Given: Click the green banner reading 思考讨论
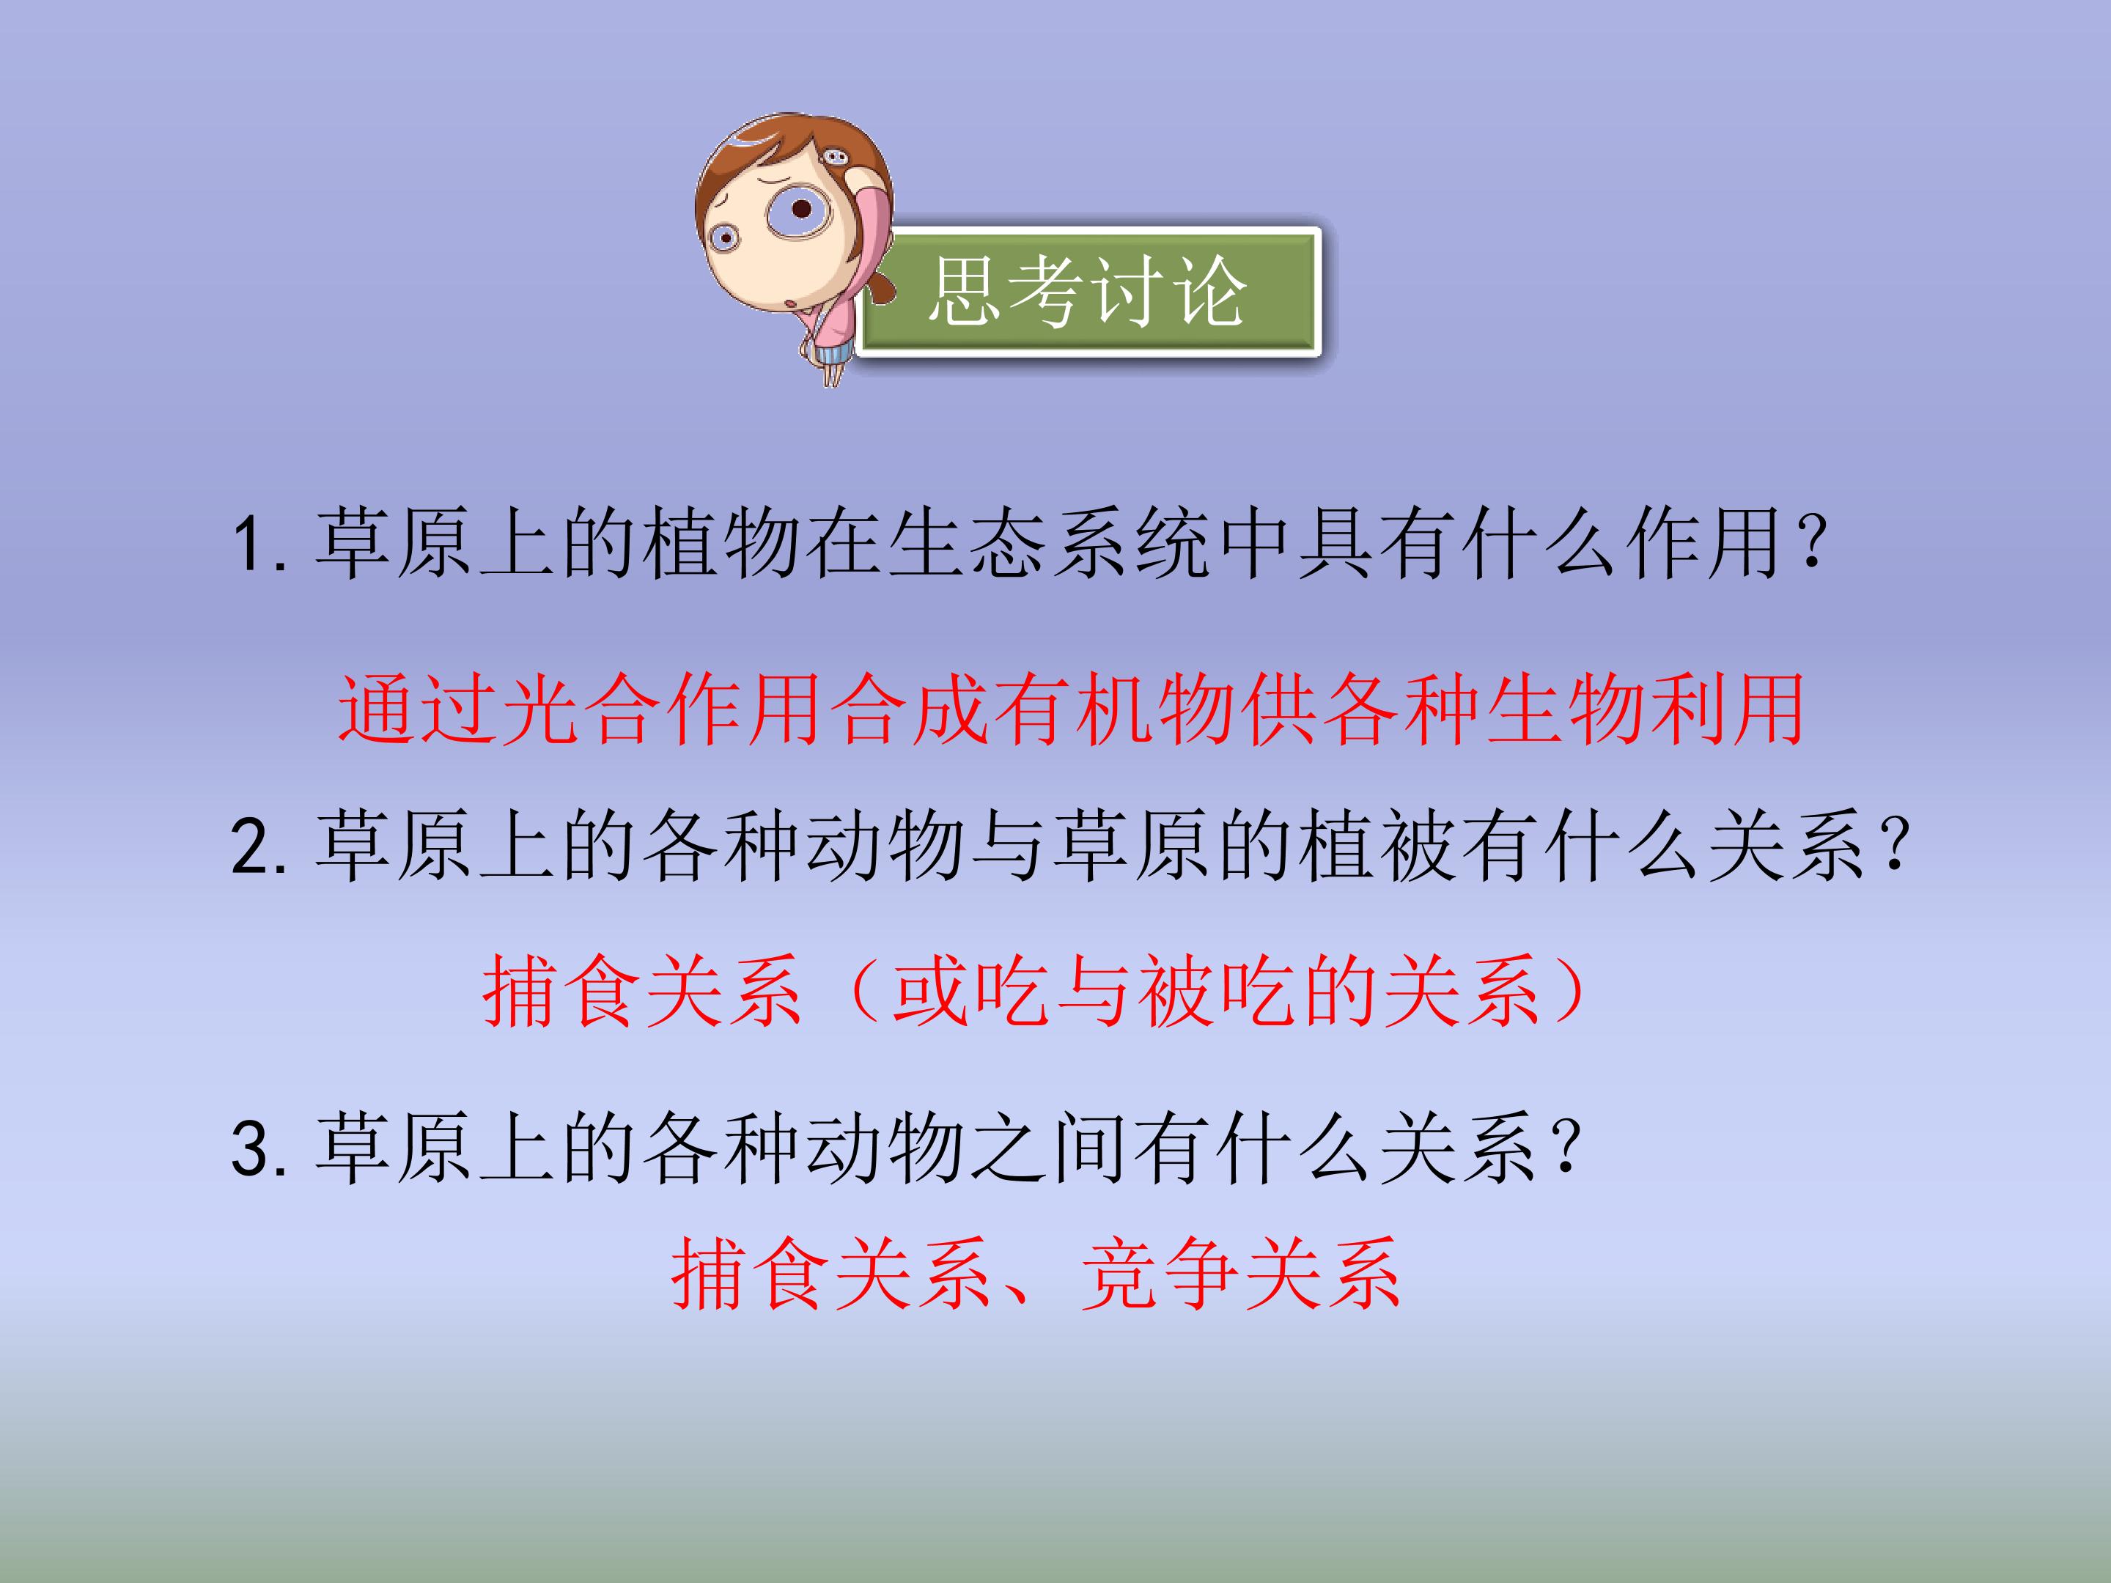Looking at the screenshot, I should (1088, 292).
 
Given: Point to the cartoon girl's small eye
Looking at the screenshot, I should (724, 237).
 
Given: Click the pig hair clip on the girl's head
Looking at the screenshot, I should (833, 157).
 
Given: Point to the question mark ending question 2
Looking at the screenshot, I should (1894, 846).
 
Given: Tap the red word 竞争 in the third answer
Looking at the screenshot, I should (1160, 1274).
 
